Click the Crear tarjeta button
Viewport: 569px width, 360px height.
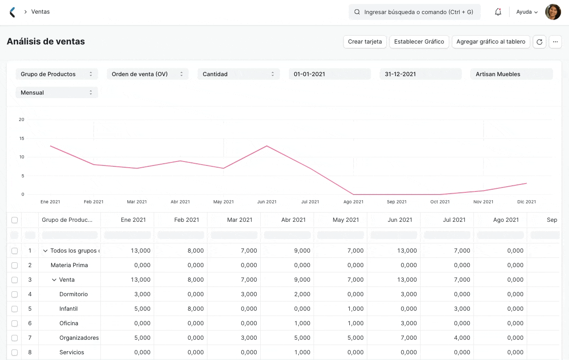[365, 42]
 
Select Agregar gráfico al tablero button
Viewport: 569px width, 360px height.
[491, 42]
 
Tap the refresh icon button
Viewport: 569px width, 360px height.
[539, 42]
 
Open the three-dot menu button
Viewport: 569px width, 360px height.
[555, 42]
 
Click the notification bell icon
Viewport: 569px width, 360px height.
[498, 12]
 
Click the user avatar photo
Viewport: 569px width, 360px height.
[553, 12]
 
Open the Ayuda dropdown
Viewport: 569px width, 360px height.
[527, 12]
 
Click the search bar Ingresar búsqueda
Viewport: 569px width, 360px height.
[414, 12]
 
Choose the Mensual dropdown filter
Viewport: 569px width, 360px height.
[57, 93]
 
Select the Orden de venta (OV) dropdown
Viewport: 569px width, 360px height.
[148, 74]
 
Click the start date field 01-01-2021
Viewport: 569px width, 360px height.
[329, 74]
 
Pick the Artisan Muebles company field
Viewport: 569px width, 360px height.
[511, 74]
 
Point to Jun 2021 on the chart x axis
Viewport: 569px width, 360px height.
[267, 202]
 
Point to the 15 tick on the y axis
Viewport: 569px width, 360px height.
[22, 138]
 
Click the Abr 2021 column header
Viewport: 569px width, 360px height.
[293, 220]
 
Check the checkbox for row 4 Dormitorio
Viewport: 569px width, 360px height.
[15, 294]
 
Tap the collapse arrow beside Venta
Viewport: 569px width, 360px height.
[54, 280]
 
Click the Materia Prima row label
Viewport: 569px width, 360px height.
[69, 265]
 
